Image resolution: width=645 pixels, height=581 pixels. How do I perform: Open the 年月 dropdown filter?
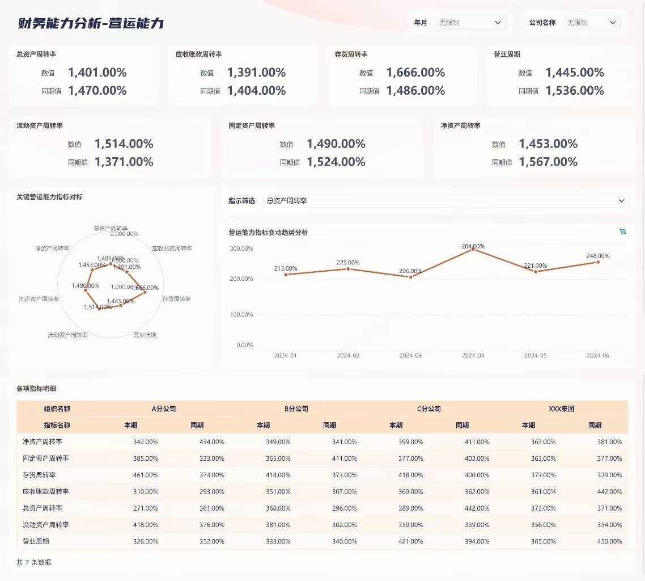[x=470, y=23]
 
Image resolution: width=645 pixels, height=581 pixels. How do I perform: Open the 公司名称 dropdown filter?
[x=591, y=23]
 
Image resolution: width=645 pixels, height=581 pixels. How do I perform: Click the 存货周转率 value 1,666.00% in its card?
[x=415, y=73]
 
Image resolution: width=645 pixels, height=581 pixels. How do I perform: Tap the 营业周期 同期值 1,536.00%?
[x=575, y=91]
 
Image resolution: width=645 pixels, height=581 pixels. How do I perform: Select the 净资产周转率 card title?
[x=460, y=126]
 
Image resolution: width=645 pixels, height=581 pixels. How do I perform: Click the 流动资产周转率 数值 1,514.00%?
[x=124, y=144]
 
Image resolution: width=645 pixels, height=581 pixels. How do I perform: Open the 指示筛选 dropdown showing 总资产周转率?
[x=445, y=201]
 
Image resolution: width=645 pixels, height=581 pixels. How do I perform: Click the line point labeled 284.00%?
[x=473, y=249]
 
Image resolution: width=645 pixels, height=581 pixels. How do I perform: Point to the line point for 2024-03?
[x=410, y=276]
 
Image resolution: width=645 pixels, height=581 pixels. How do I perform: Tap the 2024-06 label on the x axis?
[x=597, y=356]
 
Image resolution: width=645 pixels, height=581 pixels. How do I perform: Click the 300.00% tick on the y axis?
[x=241, y=249]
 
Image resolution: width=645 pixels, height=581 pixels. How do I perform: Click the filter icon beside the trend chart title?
[x=623, y=232]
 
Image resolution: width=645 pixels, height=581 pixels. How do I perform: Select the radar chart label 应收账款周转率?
[x=172, y=249]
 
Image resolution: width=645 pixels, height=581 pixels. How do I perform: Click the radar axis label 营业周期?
[x=145, y=335]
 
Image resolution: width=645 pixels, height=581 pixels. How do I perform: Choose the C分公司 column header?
[x=428, y=409]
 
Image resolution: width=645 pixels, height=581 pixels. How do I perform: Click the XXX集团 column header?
[x=561, y=409]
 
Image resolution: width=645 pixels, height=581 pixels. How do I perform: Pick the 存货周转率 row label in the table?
[x=39, y=475]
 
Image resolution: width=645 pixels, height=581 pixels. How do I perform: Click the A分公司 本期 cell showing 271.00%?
[x=146, y=508]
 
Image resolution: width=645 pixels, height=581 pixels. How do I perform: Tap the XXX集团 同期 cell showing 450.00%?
[x=609, y=541]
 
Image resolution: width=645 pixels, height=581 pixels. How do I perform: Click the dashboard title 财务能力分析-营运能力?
[x=91, y=23]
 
